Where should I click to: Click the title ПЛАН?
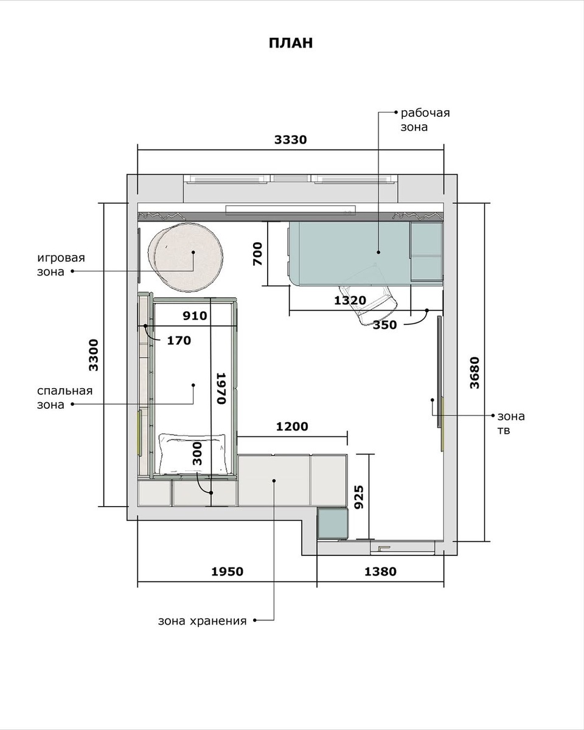click(x=290, y=43)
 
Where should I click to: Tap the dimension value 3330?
click(x=290, y=139)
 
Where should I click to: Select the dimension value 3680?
click(x=474, y=372)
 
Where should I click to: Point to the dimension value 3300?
click(x=93, y=355)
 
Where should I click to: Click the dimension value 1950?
click(x=228, y=572)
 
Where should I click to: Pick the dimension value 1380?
click(x=380, y=572)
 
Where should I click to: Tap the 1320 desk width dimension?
click(x=350, y=300)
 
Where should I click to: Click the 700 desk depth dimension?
click(x=257, y=254)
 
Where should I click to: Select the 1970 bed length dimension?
click(x=221, y=388)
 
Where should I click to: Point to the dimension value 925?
click(x=359, y=497)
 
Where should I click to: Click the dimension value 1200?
click(x=292, y=426)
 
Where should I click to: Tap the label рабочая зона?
click(x=425, y=120)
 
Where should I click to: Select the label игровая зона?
click(x=61, y=265)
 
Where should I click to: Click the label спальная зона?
click(x=65, y=398)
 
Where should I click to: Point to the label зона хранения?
click(x=202, y=621)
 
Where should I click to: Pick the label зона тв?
click(x=511, y=423)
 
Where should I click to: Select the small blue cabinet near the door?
click(x=333, y=523)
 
